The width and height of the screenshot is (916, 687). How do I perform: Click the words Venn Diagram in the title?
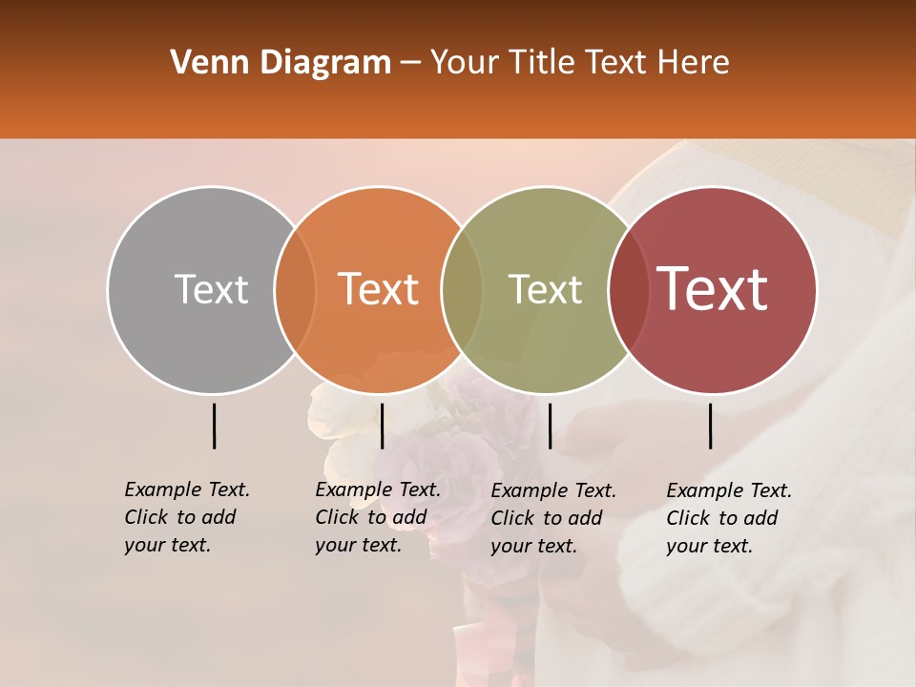tap(281, 63)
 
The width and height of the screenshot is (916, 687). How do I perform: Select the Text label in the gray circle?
tap(211, 289)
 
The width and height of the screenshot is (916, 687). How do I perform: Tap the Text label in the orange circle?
tap(379, 289)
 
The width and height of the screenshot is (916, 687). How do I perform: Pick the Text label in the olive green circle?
tap(545, 289)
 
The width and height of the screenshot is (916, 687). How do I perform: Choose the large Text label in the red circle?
tap(713, 289)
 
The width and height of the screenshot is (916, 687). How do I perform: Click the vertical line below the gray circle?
tap(215, 426)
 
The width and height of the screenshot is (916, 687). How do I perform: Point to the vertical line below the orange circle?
tap(382, 426)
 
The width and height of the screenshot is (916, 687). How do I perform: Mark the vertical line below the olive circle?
tap(550, 426)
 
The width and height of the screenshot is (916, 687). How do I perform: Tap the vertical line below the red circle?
tap(711, 426)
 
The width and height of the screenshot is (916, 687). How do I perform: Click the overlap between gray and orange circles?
tap(295, 289)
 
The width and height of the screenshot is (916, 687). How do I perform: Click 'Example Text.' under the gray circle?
tap(187, 489)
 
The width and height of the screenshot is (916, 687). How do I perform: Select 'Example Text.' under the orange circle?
tap(378, 489)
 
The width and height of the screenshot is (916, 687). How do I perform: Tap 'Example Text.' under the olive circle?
tap(553, 490)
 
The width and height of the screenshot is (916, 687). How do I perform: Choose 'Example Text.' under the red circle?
tap(729, 490)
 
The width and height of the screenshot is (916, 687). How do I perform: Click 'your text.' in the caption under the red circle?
tap(709, 546)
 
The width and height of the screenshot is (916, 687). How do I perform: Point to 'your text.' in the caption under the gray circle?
tap(167, 545)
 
